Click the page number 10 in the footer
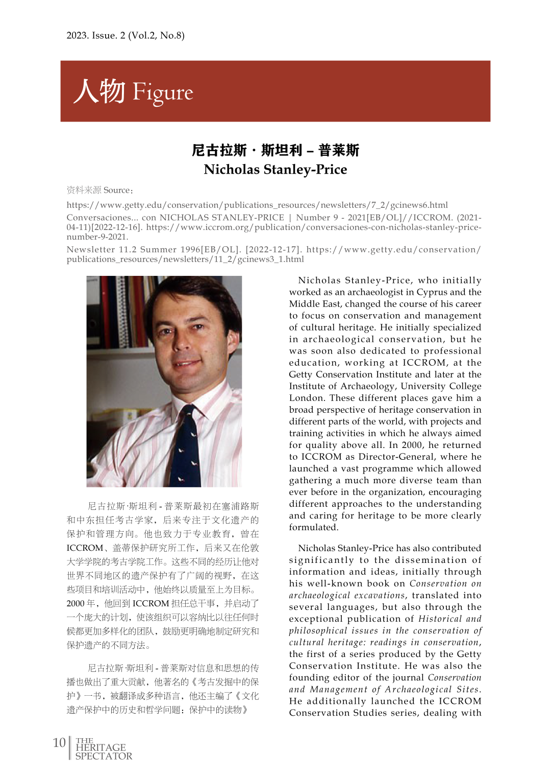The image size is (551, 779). tap(59, 742)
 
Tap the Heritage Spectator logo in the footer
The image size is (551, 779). tap(104, 749)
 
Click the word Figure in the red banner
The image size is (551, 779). tap(163, 92)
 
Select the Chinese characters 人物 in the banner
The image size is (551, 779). tap(100, 91)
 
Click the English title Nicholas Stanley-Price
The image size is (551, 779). tap(275, 170)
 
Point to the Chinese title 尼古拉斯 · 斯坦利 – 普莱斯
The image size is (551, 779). tap(275, 150)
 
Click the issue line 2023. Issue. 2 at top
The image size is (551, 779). tap(125, 35)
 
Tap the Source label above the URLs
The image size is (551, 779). tap(117, 191)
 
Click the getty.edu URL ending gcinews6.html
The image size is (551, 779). tap(257, 205)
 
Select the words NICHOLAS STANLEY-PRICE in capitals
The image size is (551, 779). tap(221, 218)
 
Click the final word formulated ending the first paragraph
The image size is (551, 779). tap(313, 527)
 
